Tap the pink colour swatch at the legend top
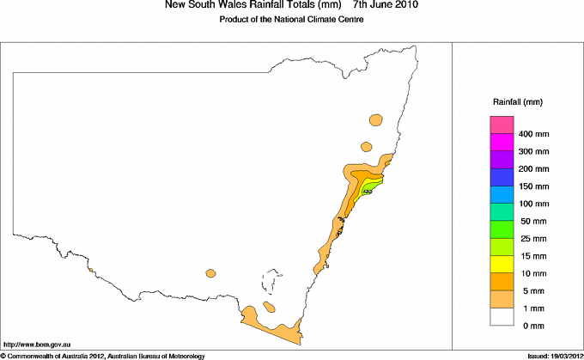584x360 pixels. (x=502, y=125)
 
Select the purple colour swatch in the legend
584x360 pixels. (x=502, y=160)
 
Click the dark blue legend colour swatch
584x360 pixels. (x=502, y=177)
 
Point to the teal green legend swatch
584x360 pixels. (x=502, y=211)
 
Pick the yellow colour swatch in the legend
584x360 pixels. (x=502, y=264)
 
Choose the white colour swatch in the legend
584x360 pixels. (x=502, y=316)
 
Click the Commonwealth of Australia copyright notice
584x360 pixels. (x=102, y=355)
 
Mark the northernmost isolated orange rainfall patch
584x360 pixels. (x=374, y=119)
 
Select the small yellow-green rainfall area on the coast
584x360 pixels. (x=371, y=184)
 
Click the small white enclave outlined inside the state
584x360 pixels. (x=272, y=283)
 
